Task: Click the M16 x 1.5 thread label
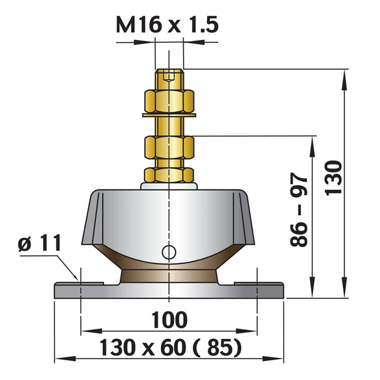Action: tap(167, 25)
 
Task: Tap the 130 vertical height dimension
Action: tap(333, 177)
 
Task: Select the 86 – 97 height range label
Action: tap(299, 210)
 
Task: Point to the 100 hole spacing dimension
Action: tap(169, 320)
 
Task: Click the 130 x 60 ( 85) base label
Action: tap(171, 348)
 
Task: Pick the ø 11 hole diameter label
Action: tap(39, 243)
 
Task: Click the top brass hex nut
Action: tap(169, 101)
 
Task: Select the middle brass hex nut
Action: tap(169, 148)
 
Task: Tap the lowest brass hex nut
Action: tap(169, 175)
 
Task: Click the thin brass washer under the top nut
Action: tap(169, 115)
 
